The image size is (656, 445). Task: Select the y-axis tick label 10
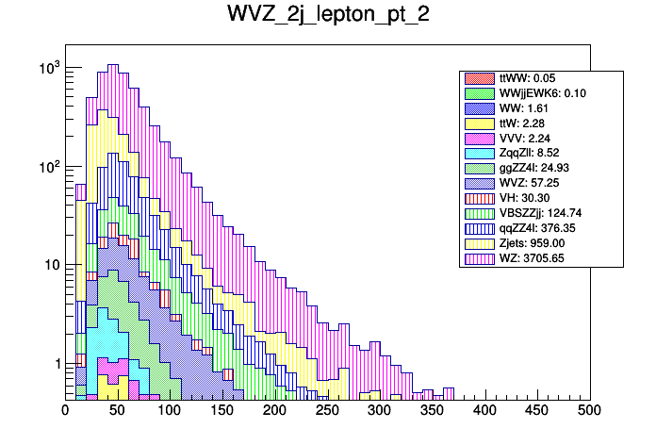tap(51, 265)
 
